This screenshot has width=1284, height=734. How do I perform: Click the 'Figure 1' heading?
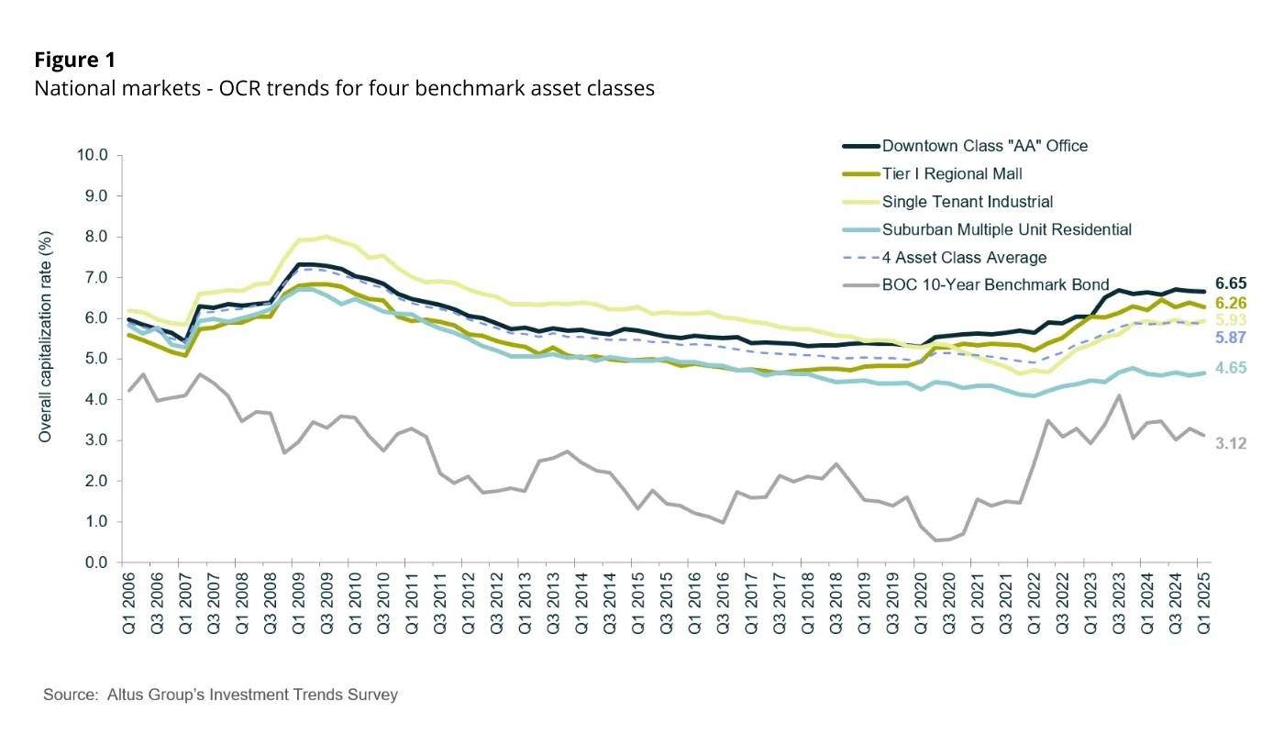click(75, 61)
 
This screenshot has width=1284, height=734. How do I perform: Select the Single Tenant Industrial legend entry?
click(967, 202)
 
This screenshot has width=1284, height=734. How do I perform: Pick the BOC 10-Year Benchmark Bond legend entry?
click(995, 284)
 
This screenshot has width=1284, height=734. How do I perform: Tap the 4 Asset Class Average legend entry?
click(964, 257)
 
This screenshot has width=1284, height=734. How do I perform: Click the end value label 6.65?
click(1229, 284)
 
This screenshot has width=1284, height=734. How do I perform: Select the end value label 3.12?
click(1229, 442)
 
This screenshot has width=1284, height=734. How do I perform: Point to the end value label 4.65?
click(1229, 368)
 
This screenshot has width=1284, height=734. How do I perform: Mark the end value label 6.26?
click(1229, 303)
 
